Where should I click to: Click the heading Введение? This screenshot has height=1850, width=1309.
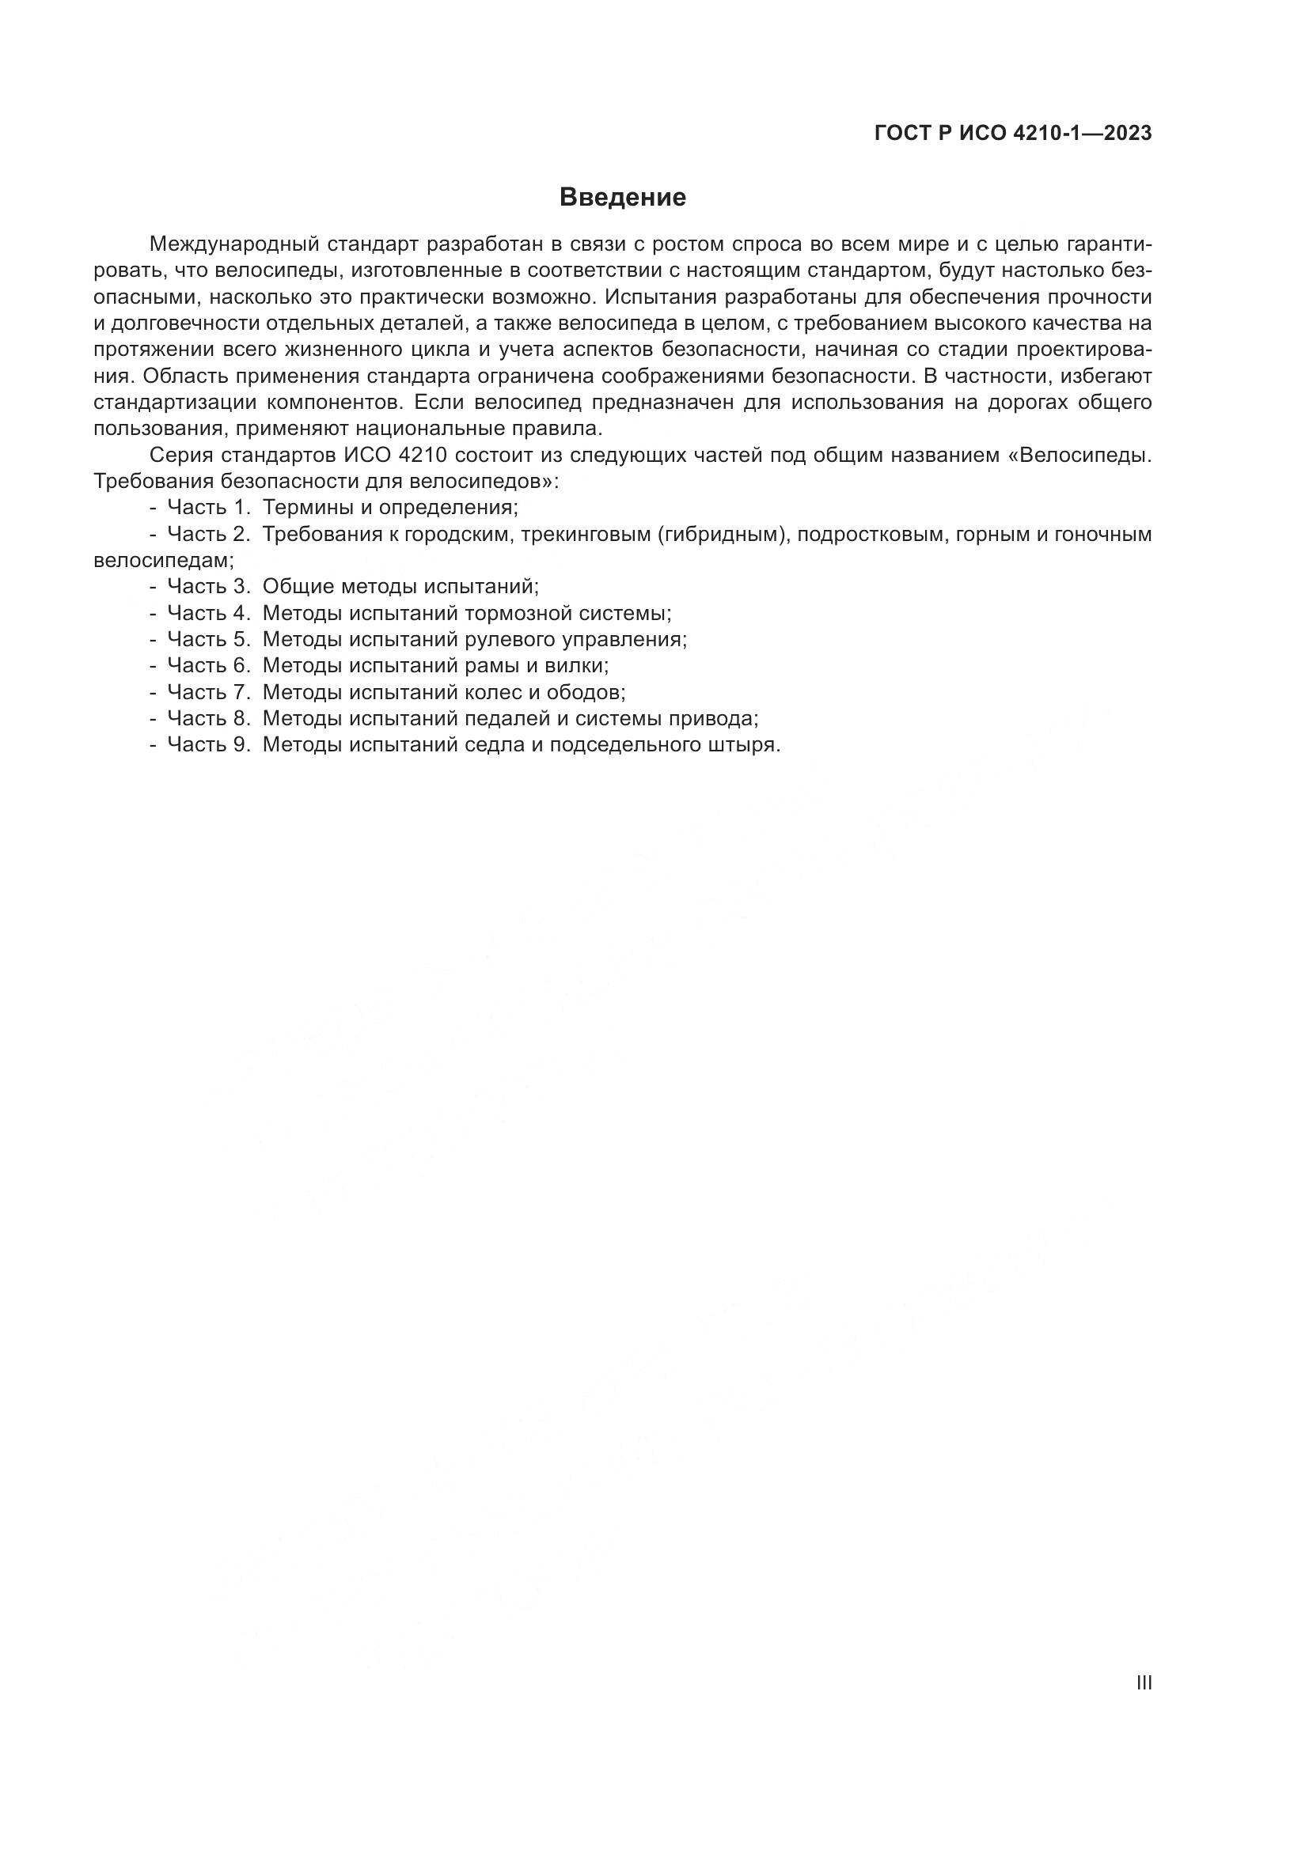622,198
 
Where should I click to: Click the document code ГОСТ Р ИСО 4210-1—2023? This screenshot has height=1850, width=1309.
1012,134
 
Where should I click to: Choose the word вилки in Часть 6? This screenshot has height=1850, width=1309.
579,665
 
